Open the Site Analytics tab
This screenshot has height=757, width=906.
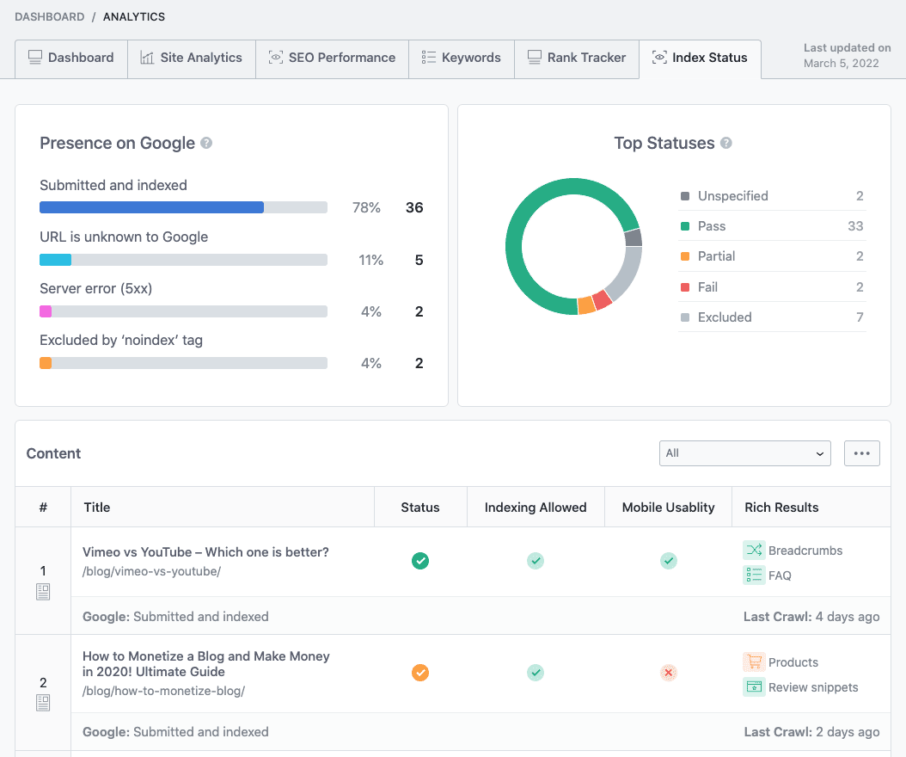[x=191, y=58]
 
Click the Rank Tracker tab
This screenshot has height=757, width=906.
[x=577, y=58]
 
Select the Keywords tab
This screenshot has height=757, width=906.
[x=461, y=58]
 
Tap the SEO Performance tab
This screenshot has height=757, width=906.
[x=333, y=58]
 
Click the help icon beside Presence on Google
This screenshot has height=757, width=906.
[x=206, y=143]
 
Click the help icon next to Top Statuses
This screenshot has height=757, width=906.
[x=726, y=143]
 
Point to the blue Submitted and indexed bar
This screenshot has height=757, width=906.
[x=151, y=207]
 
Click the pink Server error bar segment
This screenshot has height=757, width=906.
[x=46, y=311]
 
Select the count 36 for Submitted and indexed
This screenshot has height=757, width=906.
[x=414, y=207]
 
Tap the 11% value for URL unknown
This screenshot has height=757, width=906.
[x=371, y=261]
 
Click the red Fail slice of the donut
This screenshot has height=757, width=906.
[x=602, y=299]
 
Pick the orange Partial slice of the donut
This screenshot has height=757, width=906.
[x=586, y=305]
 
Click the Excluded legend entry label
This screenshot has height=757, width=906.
[x=725, y=317]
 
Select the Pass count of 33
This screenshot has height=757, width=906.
[x=855, y=226]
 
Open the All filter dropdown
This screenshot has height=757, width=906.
[x=744, y=453]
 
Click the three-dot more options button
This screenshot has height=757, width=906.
[x=862, y=453]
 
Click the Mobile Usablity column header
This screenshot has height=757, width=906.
[x=668, y=508]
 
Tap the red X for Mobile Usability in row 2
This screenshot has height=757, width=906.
[x=669, y=673]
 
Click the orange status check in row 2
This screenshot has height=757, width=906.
[x=420, y=673]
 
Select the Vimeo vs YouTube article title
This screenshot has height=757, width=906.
[x=205, y=552]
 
